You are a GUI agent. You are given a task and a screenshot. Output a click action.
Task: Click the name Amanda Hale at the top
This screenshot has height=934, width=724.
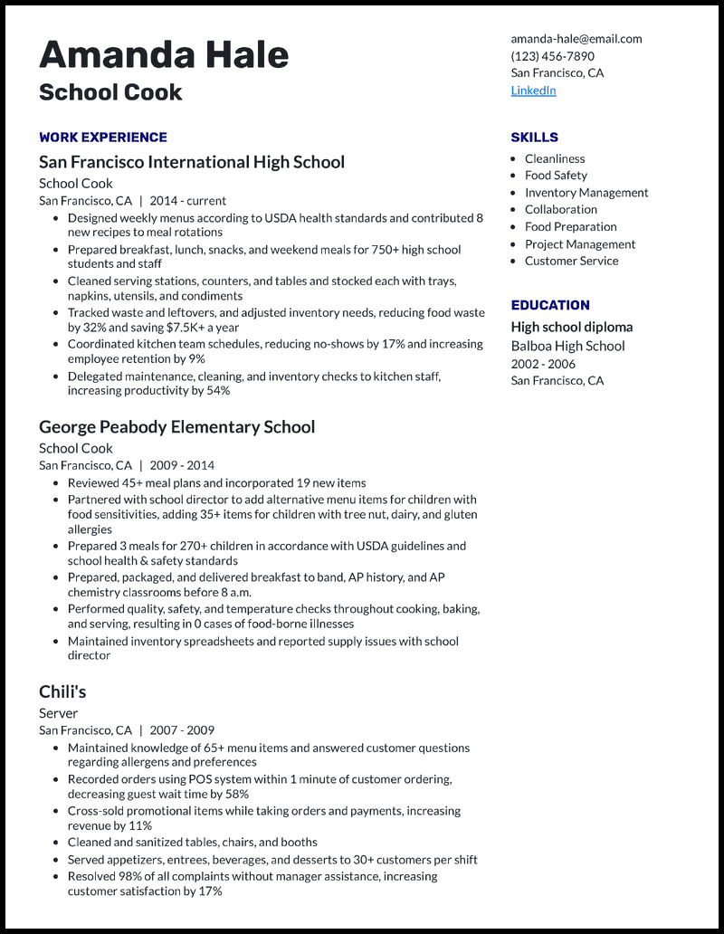(x=164, y=54)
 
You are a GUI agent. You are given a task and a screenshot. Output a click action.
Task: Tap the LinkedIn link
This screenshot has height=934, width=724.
(x=533, y=91)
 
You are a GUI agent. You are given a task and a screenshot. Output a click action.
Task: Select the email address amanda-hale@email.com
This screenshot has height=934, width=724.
(x=576, y=39)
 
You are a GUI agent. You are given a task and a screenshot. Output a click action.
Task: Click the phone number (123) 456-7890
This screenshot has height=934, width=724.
(x=552, y=56)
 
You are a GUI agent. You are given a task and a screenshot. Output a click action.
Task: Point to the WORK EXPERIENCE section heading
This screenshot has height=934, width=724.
(x=103, y=138)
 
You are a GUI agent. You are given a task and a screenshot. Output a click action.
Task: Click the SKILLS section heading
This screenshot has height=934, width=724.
(x=534, y=138)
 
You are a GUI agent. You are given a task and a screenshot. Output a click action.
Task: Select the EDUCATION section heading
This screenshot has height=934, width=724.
(x=549, y=306)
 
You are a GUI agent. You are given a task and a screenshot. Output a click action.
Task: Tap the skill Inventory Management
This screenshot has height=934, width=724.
(x=586, y=193)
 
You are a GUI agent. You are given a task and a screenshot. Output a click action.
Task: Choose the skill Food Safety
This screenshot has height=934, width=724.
(x=556, y=176)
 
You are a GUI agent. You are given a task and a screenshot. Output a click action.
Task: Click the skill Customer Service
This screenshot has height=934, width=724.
(x=571, y=261)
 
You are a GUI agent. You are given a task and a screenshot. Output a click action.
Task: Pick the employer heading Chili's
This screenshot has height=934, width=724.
(x=62, y=691)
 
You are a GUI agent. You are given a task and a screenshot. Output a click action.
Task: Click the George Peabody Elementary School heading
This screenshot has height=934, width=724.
(x=176, y=427)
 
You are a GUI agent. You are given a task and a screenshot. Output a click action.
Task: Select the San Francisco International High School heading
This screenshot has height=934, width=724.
(x=192, y=162)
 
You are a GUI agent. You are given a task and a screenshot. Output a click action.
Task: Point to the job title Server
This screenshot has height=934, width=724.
(x=58, y=713)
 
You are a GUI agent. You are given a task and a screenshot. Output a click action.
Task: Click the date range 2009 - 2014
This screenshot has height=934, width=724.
(x=182, y=465)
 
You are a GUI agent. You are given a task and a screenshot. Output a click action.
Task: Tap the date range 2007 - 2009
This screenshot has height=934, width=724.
(x=182, y=730)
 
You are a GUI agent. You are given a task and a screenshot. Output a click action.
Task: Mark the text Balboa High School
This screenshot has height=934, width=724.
(x=567, y=346)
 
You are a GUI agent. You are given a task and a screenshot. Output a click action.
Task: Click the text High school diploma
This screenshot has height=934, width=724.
(x=571, y=327)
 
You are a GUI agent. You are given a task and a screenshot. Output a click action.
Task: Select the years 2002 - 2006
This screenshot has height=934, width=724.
(x=543, y=363)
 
